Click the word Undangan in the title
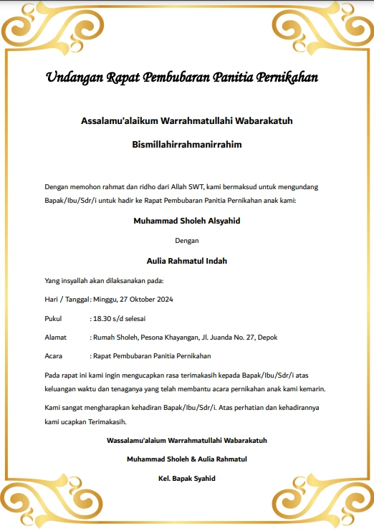pos(74,77)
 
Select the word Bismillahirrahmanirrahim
pos(187,144)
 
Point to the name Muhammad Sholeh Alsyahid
pos(187,221)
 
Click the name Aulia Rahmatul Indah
pos(187,261)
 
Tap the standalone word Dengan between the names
pos(187,241)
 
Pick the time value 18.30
pos(101,317)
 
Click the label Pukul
pos(53,317)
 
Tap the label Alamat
pos(55,337)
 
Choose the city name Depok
pos(267,337)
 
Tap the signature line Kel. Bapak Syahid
pos(187,478)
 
